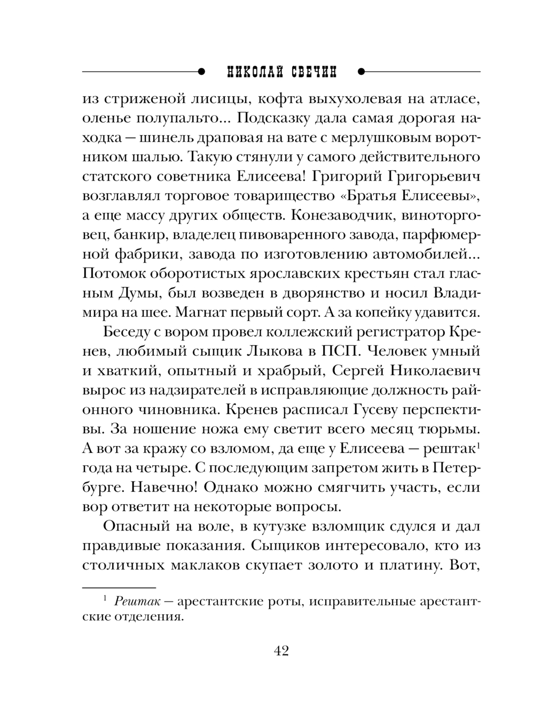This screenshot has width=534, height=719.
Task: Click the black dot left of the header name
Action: click(x=201, y=71)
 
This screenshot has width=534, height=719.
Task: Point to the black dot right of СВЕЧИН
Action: click(x=361, y=71)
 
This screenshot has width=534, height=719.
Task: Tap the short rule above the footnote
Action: click(x=119, y=587)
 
